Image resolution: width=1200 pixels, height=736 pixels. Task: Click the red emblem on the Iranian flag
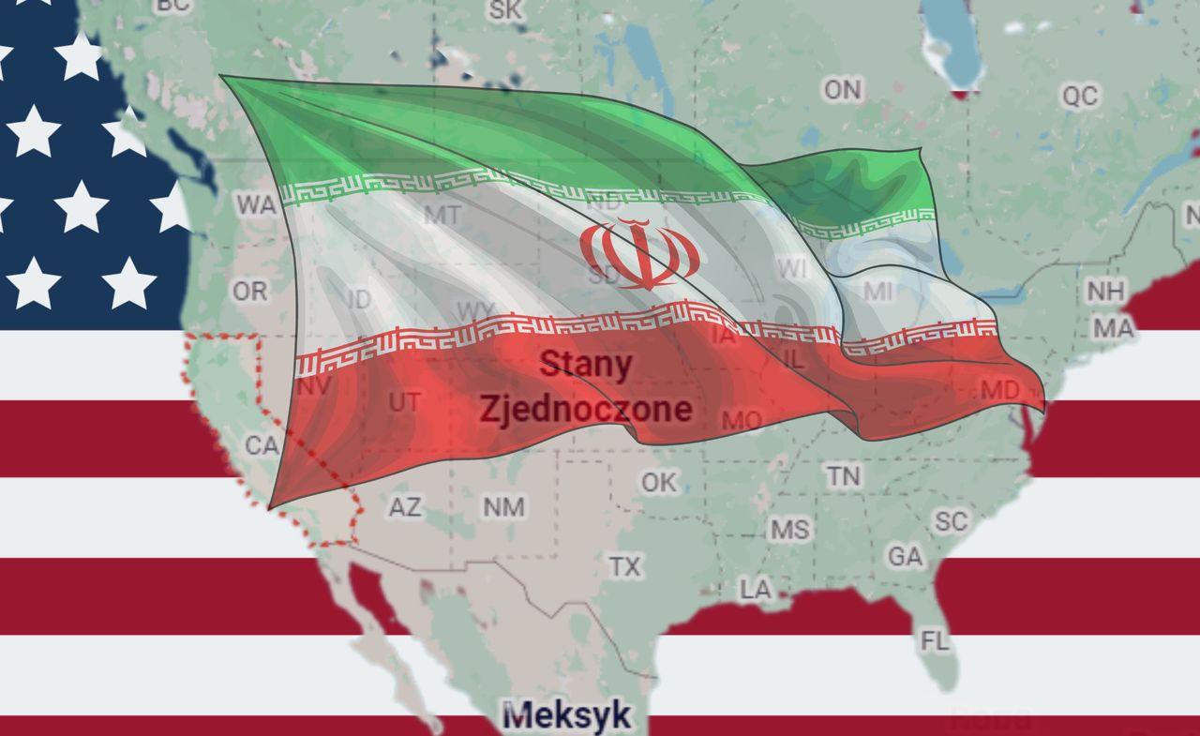click(x=639, y=253)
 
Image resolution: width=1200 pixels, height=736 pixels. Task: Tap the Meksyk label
click(x=566, y=716)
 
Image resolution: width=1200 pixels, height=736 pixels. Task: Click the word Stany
click(x=586, y=365)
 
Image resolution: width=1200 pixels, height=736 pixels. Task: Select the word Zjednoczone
click(x=586, y=409)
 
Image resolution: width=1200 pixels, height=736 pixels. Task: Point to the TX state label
click(x=625, y=566)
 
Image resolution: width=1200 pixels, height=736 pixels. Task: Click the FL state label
click(x=935, y=641)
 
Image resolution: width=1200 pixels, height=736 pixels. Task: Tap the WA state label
click(x=256, y=204)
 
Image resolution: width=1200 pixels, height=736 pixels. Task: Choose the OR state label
click(x=249, y=292)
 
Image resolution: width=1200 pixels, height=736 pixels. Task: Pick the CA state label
click(x=262, y=445)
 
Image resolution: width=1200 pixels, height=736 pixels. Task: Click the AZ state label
click(x=405, y=507)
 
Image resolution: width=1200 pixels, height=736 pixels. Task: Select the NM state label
click(x=503, y=507)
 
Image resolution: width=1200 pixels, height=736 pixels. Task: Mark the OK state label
click(x=659, y=482)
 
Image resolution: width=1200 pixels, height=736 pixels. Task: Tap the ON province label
click(x=842, y=89)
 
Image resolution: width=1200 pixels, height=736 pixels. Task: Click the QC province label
click(x=1079, y=95)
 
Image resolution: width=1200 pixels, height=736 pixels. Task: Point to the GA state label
click(x=905, y=557)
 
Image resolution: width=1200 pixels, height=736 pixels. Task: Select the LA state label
click(x=756, y=589)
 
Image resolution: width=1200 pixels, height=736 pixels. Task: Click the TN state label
click(x=843, y=475)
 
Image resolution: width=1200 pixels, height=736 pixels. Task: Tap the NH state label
click(x=1105, y=291)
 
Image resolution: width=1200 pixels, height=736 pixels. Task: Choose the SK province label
click(x=505, y=9)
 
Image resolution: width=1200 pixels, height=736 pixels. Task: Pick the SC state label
click(x=951, y=521)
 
